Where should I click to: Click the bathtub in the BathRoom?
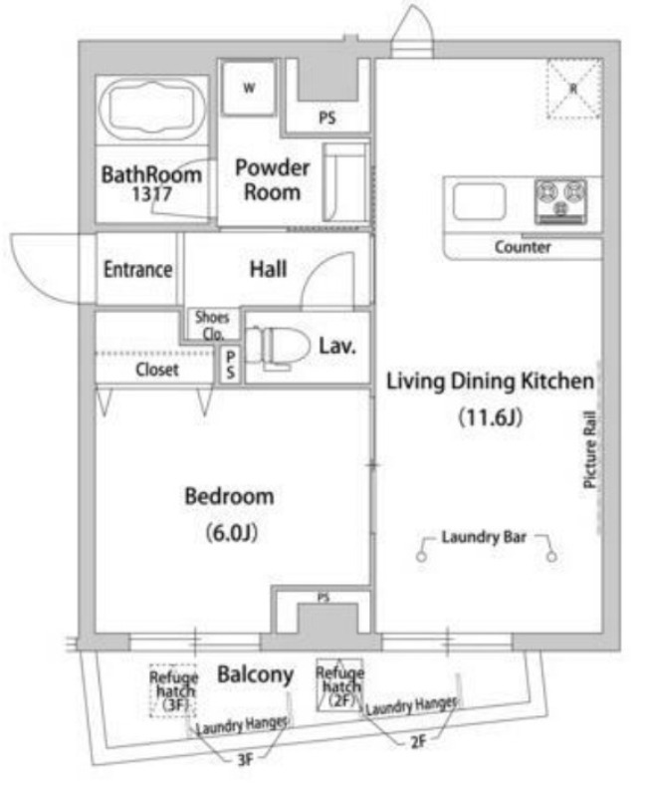[x=152, y=110]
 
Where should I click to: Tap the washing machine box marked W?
[x=249, y=88]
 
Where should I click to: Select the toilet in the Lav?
[x=277, y=347]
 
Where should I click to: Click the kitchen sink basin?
[x=479, y=202]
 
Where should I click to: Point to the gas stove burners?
[x=560, y=201]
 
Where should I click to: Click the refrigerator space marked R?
[x=574, y=89]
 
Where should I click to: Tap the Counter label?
[x=523, y=247]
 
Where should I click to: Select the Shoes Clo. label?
[x=212, y=326]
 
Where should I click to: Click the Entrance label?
[x=137, y=269]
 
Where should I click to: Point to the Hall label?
[x=268, y=269]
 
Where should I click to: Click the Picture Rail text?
[x=589, y=449]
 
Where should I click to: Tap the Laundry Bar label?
[x=484, y=537]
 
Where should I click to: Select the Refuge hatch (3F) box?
[x=173, y=690]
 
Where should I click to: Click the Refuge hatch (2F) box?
[x=339, y=685]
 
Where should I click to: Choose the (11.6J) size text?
[x=490, y=417]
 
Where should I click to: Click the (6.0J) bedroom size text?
[x=231, y=533]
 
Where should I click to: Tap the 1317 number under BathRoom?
[x=152, y=194]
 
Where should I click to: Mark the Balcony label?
[x=256, y=675]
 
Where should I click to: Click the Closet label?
[x=157, y=370]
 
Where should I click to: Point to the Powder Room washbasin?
[x=345, y=183]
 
